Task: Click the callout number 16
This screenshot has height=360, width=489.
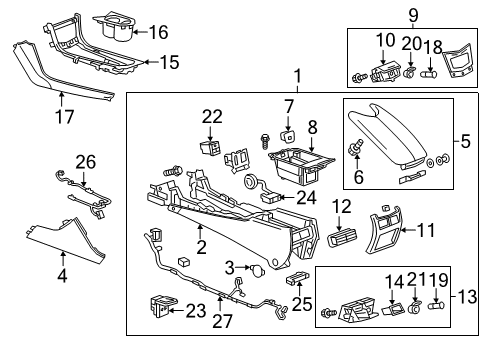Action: (x=158, y=32)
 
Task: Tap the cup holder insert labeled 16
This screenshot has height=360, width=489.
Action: (x=117, y=25)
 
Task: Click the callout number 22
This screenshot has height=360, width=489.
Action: (x=212, y=117)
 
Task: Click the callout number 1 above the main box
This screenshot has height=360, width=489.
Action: (x=296, y=76)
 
